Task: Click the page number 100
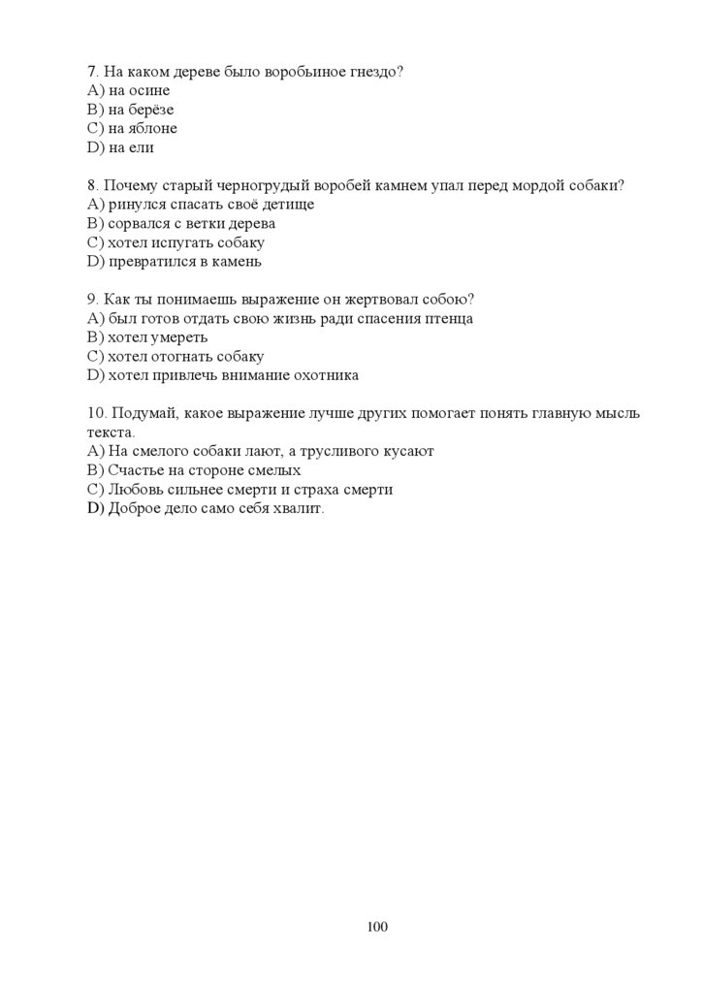377,927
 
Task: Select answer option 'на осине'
138,90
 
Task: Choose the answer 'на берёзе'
141,110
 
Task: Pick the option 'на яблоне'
143,128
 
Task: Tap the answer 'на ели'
131,147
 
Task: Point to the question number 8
92,185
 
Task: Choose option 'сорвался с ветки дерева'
192,223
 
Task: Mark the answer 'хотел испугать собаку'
186,242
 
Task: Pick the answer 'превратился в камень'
184,261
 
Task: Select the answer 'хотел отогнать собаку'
185,356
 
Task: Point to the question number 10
96,413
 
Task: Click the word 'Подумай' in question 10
146,413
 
